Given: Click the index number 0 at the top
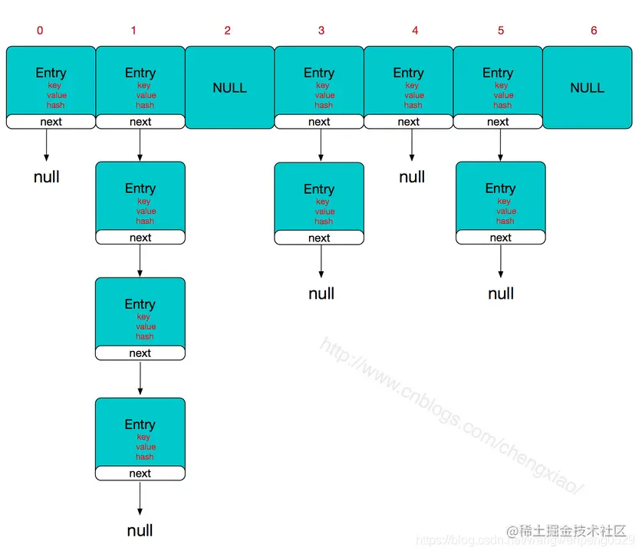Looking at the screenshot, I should pyautogui.click(x=40, y=31).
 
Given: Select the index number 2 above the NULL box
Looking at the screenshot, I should pyautogui.click(x=227, y=31).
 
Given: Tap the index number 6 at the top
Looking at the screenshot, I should pyautogui.click(x=594, y=31).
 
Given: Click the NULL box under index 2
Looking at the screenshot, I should pyautogui.click(x=229, y=87).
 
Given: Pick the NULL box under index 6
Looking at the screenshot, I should pyautogui.click(x=587, y=87).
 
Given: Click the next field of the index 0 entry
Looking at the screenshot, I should pyautogui.click(x=51, y=122).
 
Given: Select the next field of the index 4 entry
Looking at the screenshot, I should pyautogui.click(x=408, y=122).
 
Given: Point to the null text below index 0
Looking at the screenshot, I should pyautogui.click(x=47, y=177).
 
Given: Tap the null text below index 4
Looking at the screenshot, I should pyautogui.click(x=412, y=177).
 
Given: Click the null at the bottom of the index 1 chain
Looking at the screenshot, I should pyautogui.click(x=140, y=530).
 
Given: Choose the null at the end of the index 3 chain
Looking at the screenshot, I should pyautogui.click(x=321, y=293).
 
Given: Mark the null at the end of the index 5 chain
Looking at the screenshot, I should pyautogui.click(x=501, y=293).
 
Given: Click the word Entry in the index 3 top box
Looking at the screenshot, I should pyautogui.click(x=319, y=73).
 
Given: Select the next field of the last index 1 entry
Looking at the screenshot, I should pyautogui.click(x=140, y=474).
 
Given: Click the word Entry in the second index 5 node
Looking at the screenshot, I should pyautogui.click(x=500, y=188).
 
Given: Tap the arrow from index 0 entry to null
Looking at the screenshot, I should pyautogui.click(x=47, y=145).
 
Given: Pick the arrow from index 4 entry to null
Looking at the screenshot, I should pyautogui.click(x=412, y=145).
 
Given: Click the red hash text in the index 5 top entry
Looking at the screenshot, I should pyautogui.click(x=502, y=105).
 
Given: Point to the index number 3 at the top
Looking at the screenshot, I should pyautogui.click(x=321, y=31).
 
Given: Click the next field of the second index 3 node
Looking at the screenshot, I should pyautogui.click(x=319, y=238).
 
